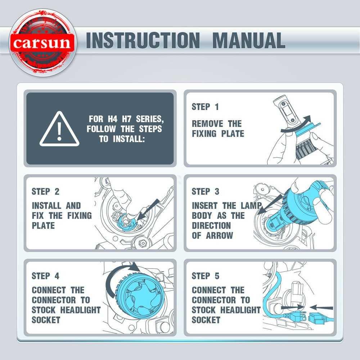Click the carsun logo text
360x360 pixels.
coord(42,43)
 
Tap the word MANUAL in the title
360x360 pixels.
coord(249,40)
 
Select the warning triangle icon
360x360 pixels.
coord(59,129)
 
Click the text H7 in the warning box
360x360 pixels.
coord(126,119)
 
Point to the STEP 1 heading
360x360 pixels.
coord(205,107)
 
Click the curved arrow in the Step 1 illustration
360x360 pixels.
coord(296,125)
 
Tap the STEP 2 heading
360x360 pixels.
coord(45,192)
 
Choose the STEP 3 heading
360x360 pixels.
coord(206,192)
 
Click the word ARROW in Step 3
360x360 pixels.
coord(220,235)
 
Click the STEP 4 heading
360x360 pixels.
coord(45,276)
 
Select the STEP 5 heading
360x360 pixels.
coord(206,276)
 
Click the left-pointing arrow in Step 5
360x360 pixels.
coord(321,307)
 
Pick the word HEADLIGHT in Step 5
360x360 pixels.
coord(240,310)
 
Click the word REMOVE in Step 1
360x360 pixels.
coord(207,124)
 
